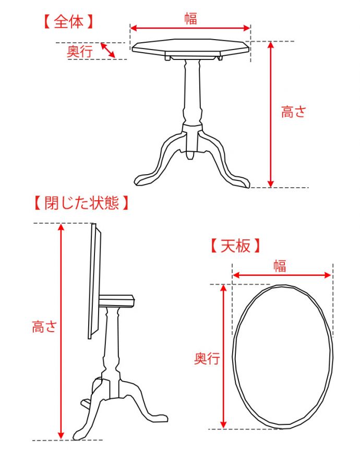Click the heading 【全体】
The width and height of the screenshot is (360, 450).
69,22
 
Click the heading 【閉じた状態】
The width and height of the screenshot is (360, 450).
81,203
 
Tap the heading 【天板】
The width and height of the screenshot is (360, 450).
235,246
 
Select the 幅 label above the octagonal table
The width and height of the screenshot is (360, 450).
190,18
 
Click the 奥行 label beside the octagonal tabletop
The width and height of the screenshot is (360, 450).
80,52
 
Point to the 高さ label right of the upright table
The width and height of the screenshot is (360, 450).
293,112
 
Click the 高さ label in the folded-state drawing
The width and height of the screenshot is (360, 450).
44,326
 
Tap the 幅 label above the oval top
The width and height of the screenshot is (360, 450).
280,266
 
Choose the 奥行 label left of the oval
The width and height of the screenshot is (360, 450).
207,358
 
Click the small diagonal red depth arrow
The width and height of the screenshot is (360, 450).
108,50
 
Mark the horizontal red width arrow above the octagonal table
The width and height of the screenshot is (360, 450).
190,28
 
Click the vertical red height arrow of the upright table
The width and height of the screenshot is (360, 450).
270,115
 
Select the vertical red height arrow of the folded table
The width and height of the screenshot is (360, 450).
61,332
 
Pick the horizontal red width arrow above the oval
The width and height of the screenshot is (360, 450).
282,275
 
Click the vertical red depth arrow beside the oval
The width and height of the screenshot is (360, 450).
223,357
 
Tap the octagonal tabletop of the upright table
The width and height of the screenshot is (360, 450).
190,46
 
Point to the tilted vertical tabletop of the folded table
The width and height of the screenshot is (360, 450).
94,281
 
